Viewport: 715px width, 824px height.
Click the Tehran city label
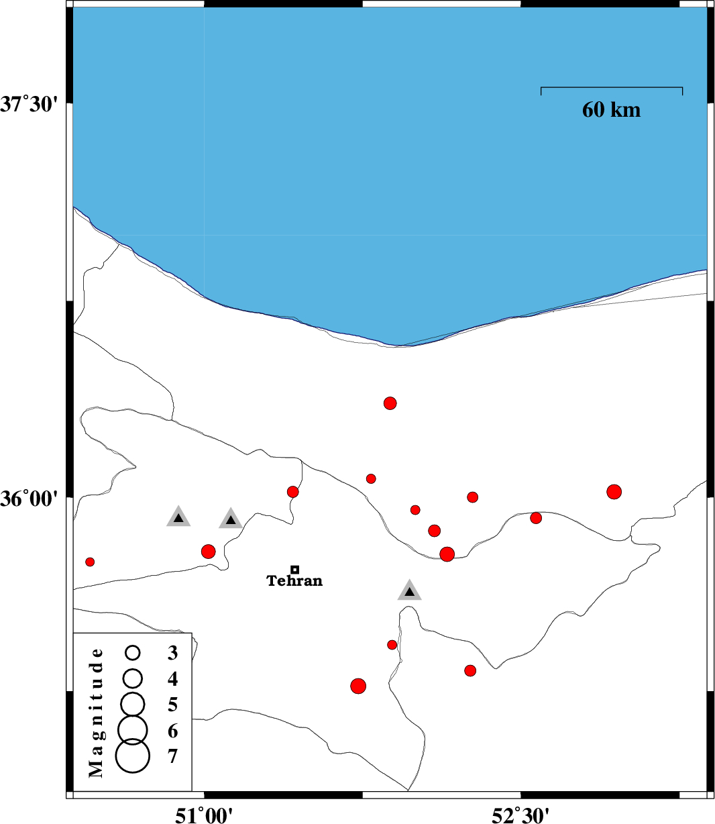point(294,580)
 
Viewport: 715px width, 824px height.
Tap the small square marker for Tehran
point(294,570)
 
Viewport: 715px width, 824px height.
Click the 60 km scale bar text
point(611,110)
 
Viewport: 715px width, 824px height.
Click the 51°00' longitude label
point(204,815)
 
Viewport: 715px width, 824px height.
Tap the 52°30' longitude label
point(520,815)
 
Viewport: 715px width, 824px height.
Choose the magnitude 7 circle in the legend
point(132,756)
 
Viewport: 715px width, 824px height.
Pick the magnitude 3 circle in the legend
point(132,652)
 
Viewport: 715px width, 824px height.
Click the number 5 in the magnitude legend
point(172,705)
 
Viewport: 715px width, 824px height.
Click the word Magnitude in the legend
point(96,713)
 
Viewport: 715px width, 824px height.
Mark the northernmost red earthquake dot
point(390,403)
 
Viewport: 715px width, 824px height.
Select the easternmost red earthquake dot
point(614,492)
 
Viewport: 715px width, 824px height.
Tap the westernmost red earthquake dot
point(90,562)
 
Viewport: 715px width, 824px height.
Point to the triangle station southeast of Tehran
point(409,590)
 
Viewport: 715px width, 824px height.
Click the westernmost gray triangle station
point(178,517)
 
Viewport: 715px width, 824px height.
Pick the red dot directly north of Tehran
point(292,492)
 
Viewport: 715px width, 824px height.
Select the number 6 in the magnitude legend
point(172,731)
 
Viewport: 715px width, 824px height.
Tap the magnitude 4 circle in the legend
point(132,678)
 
